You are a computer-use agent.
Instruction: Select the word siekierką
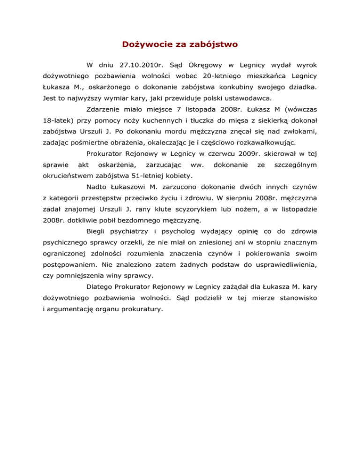[267, 123]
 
